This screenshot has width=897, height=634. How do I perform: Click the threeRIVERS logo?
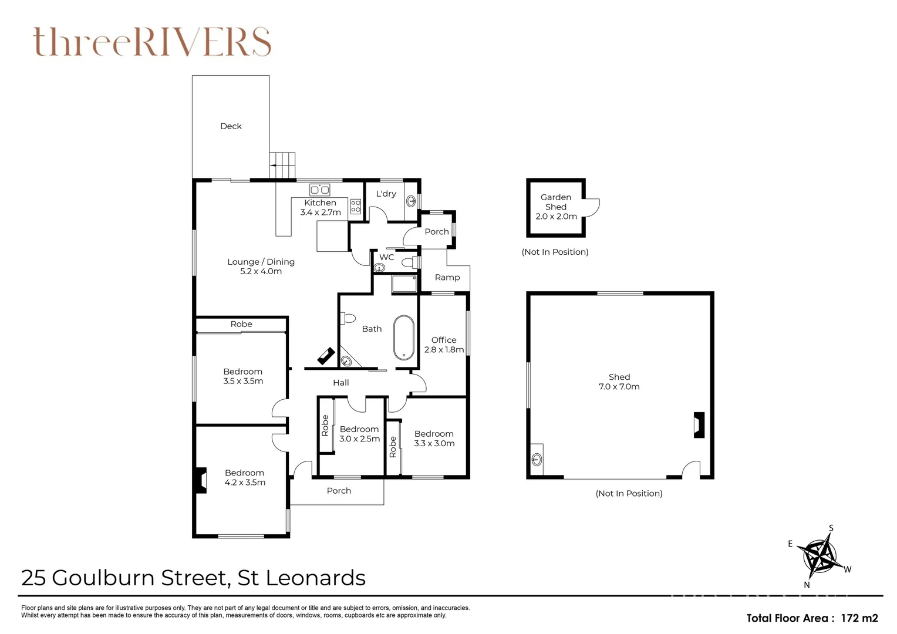(x=152, y=42)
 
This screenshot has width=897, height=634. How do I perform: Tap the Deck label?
(x=231, y=126)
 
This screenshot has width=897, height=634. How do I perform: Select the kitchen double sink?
(x=319, y=190)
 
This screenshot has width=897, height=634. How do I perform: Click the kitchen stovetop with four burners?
(x=356, y=207)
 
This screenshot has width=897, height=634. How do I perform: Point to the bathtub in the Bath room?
(x=404, y=338)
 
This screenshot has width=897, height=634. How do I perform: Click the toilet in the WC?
(x=410, y=263)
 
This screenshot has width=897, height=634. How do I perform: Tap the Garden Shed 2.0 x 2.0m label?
(x=556, y=207)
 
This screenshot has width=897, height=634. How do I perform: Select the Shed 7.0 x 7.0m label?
(x=619, y=382)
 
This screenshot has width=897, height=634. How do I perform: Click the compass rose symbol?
(x=820, y=557)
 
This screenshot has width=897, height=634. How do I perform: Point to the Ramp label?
(x=447, y=277)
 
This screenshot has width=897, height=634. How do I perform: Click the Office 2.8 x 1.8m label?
(x=444, y=345)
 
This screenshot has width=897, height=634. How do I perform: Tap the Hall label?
(x=341, y=383)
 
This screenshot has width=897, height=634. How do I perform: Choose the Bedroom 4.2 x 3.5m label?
(x=245, y=477)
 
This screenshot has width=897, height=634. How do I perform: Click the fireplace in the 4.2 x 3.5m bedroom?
(x=201, y=480)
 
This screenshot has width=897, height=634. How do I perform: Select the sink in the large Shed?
(x=537, y=460)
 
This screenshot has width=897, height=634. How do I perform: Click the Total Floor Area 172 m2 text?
(x=812, y=618)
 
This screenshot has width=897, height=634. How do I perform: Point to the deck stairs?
(x=282, y=165)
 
